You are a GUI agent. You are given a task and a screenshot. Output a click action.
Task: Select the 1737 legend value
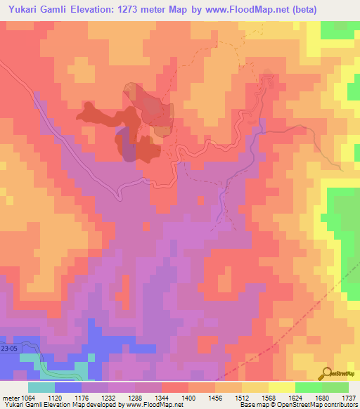[347, 397]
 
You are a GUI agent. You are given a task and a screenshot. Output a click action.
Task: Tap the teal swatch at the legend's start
[41, 387]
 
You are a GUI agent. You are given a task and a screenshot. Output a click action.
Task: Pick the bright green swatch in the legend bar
[308, 387]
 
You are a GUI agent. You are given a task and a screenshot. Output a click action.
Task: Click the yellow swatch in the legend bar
[281, 387]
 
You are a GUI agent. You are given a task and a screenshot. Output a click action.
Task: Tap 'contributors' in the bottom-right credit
[340, 405]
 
